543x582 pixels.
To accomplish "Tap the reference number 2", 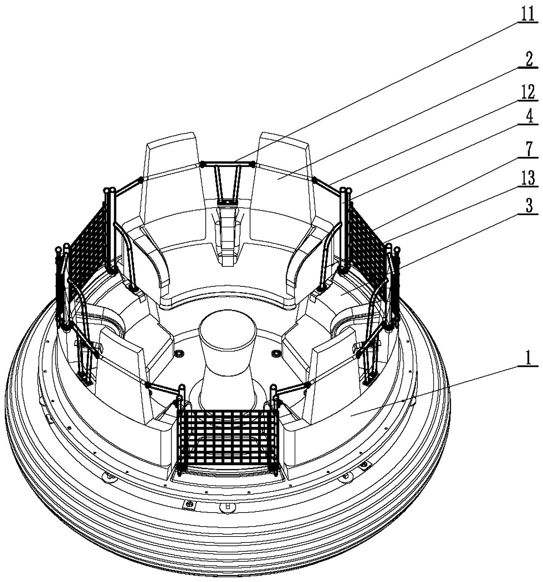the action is pos(529,59).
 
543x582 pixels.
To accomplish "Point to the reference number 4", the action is pos(529,118).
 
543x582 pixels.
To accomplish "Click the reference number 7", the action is pos(529,149).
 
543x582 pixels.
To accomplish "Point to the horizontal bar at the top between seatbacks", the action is pos(227,163).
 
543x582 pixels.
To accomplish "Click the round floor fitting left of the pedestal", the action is pos(180,354).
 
